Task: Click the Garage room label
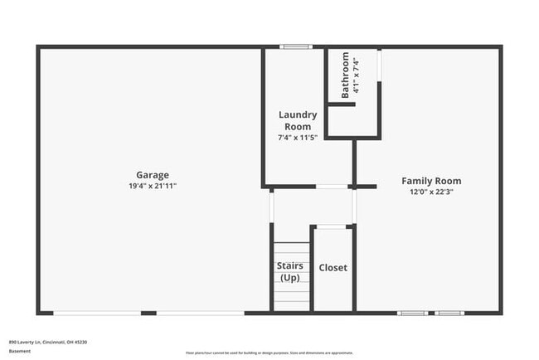(153, 175)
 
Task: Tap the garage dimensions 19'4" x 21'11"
(153, 186)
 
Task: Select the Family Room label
(431, 181)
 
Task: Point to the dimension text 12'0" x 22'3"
(431, 192)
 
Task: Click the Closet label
(333, 268)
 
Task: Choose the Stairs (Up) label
(290, 271)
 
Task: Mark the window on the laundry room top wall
(296, 46)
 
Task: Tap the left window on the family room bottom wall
(412, 313)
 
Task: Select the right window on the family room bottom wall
(449, 313)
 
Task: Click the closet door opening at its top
(333, 226)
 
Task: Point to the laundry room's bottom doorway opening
(333, 187)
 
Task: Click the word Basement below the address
(20, 351)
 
